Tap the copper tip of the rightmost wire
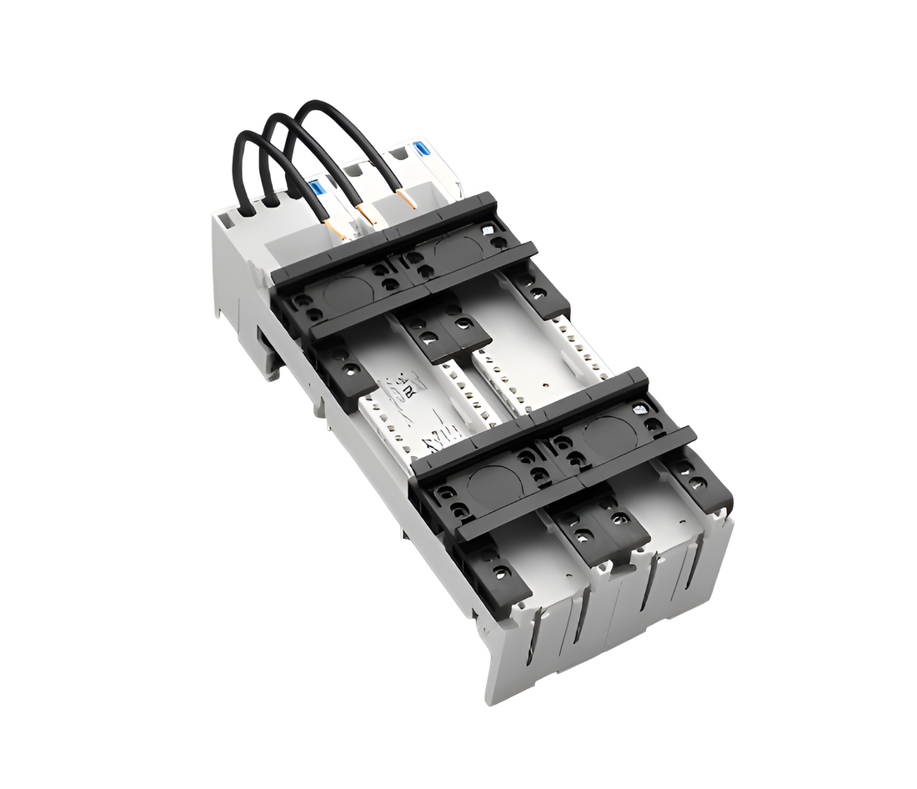408,199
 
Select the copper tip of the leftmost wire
338,229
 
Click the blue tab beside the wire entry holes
316,189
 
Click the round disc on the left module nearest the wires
344,292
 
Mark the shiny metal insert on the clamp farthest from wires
639,409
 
